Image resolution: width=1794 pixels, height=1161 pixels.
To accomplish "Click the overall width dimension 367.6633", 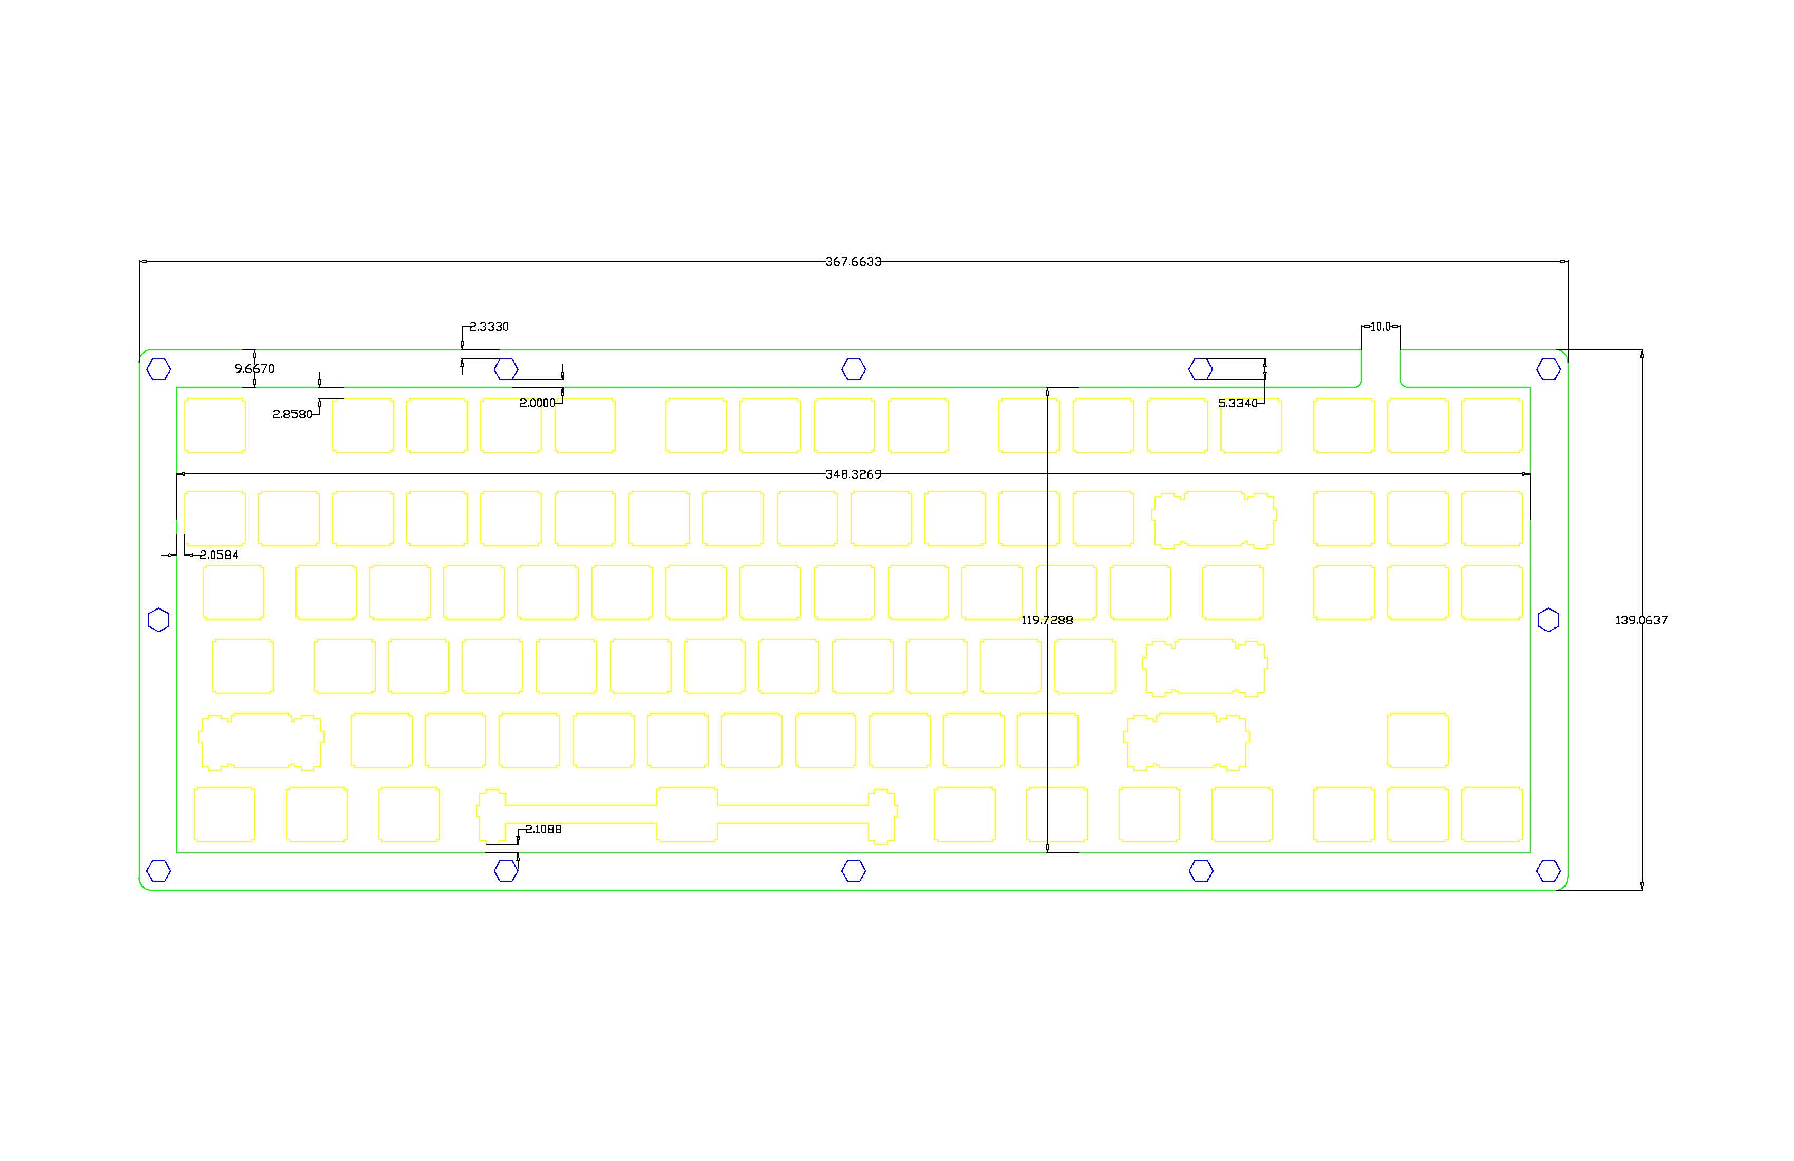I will point(853,262).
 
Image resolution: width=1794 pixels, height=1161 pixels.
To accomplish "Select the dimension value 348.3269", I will point(853,474).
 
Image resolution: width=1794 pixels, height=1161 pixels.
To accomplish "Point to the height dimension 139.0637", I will point(1640,620).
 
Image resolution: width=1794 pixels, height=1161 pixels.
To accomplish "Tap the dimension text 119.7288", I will point(1046,620).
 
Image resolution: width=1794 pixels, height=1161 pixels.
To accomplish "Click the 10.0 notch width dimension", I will point(1380,327).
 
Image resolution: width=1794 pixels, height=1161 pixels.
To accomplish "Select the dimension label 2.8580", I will point(292,414).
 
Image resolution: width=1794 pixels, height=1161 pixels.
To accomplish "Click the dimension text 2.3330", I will point(489,327).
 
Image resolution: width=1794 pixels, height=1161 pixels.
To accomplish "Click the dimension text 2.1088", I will point(543,829).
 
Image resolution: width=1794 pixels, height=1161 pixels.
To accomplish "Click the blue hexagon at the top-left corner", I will point(158,369).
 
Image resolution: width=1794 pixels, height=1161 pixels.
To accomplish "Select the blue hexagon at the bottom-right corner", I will point(1548,871).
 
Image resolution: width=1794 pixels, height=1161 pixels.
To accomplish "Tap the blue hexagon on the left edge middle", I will point(158,620).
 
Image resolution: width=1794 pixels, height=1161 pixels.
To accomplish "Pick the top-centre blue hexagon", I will point(853,369).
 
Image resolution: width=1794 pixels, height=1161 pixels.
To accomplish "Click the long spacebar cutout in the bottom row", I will point(686,814).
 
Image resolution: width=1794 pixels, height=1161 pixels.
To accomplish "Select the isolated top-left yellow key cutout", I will point(215,425).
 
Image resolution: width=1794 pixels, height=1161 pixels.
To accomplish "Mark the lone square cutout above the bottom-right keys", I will point(1417,740).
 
